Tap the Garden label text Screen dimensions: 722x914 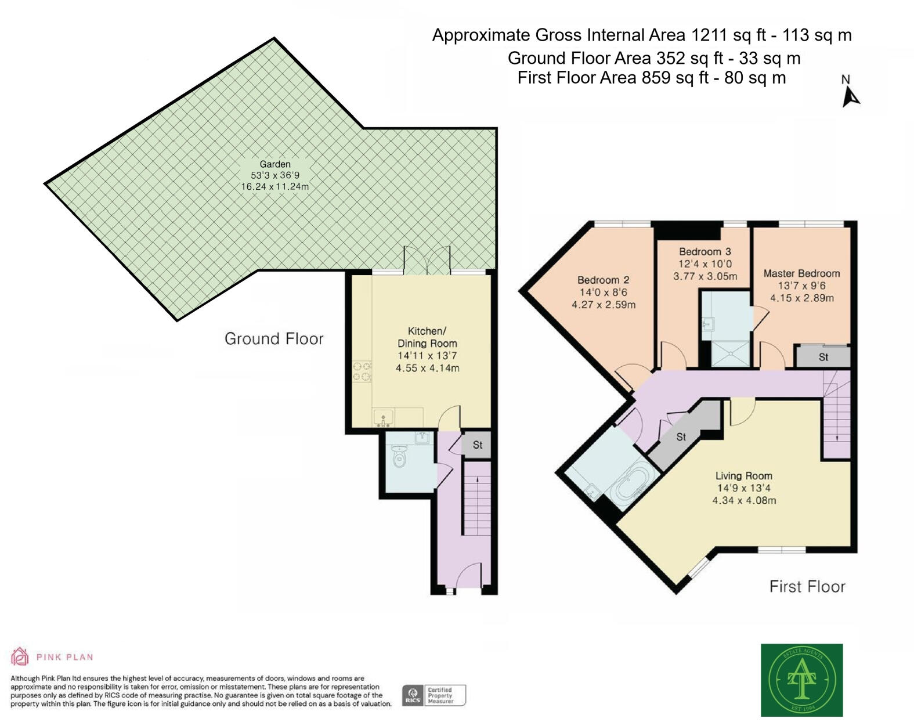click(x=275, y=164)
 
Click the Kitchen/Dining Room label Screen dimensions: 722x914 click(x=427, y=337)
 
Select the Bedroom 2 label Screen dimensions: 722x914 click(x=603, y=280)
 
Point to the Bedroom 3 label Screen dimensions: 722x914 click(x=705, y=252)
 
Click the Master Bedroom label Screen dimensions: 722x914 click(x=801, y=273)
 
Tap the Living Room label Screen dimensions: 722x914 click(x=743, y=476)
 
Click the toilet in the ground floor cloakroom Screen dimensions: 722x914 click(x=399, y=457)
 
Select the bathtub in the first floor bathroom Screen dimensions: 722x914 click(x=631, y=486)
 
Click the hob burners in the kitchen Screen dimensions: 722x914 click(x=362, y=372)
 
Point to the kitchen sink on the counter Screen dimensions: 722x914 click(x=383, y=417)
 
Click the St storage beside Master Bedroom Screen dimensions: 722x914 click(x=823, y=357)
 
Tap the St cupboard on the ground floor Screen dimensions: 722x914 click(x=477, y=445)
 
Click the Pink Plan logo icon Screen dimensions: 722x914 click(x=20, y=656)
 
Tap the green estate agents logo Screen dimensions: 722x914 click(x=801, y=680)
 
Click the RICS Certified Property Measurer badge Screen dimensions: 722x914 click(x=433, y=695)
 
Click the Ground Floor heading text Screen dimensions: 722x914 click(x=274, y=339)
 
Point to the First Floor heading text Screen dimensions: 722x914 click(x=807, y=587)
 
